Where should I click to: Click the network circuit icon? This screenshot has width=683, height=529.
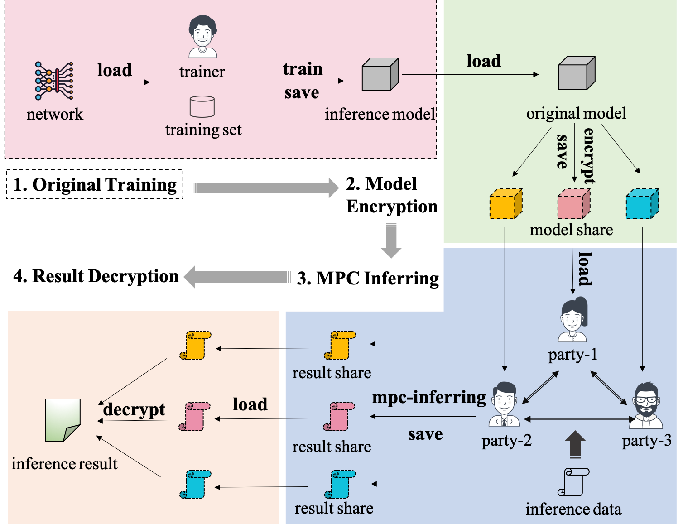[x=54, y=81]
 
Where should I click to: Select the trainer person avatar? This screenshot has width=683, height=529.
[x=202, y=37]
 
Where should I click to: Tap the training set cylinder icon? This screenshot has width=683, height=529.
[x=202, y=106]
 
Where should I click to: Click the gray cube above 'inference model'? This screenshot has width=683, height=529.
[x=380, y=75]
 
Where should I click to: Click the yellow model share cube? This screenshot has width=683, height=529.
[x=506, y=204]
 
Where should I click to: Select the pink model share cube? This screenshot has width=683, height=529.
[x=573, y=204]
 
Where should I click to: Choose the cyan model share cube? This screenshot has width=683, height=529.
[x=642, y=204]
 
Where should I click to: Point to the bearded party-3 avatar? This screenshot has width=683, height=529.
[x=646, y=405]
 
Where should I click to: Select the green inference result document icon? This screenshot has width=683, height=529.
[x=63, y=420]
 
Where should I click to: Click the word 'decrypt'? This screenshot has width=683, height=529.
[x=134, y=409]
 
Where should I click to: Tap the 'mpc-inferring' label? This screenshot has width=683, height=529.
[x=429, y=397]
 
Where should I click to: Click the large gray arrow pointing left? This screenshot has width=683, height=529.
[x=236, y=277]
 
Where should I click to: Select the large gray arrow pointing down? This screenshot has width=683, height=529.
[x=391, y=241]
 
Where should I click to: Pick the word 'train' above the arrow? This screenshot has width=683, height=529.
[x=303, y=69]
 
